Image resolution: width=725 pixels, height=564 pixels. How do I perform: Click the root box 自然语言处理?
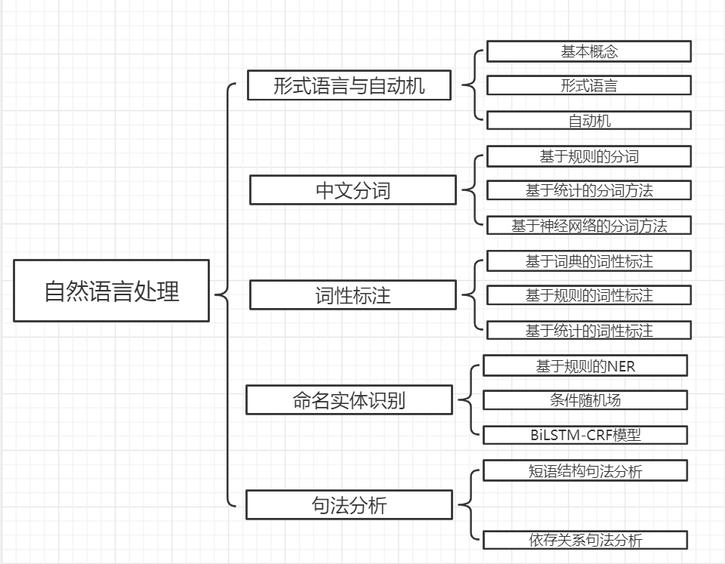111,291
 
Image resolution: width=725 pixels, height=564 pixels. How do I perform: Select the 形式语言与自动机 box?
349,85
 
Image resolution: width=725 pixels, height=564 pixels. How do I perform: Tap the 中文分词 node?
353,190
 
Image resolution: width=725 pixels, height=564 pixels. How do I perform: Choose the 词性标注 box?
353,294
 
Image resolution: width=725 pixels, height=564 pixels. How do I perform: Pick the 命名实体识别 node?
349,399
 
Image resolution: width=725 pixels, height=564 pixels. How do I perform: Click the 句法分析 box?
349,504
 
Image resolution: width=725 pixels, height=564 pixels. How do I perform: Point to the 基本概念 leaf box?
589,51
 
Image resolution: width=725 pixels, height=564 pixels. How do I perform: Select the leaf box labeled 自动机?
589,121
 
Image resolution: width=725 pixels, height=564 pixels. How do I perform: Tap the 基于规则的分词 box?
589,156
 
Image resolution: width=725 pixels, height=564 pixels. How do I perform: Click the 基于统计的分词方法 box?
589,190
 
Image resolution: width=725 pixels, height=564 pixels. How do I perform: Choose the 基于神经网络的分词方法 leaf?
589,225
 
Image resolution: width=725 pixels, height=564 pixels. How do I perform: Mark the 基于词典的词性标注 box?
589,261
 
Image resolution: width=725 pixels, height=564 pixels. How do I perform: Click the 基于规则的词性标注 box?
589,295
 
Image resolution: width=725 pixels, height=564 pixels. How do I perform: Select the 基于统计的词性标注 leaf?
589,330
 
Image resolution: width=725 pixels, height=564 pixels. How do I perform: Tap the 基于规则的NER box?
585,366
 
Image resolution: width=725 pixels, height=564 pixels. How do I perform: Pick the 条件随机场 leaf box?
585,400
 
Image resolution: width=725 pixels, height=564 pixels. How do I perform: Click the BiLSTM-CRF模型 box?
585,435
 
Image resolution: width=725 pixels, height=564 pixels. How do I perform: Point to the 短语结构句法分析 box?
585,471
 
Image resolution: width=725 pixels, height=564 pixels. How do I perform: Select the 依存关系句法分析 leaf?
585,540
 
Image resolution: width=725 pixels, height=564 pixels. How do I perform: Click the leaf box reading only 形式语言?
589,85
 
